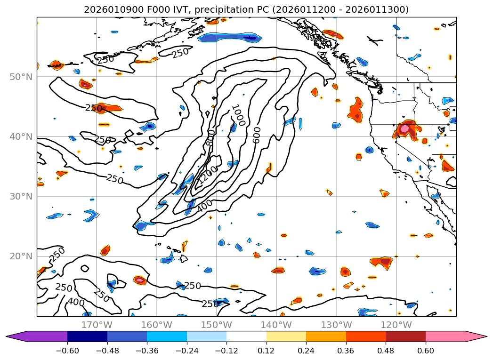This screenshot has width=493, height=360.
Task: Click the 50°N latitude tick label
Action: pos(21,77)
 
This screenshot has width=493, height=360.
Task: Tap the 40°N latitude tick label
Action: pos(21,137)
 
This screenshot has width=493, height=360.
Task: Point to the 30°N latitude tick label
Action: pos(21,197)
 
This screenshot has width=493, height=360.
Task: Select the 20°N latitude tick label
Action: pos(21,256)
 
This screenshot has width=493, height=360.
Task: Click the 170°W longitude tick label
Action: pos(97,325)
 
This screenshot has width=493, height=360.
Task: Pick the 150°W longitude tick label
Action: pos(216,325)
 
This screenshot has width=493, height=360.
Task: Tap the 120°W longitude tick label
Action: pos(396,325)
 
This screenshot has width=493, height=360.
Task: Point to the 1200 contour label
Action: pos(207,175)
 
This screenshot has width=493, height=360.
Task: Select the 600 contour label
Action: pos(256,135)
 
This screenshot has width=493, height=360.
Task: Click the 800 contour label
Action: pos(210,137)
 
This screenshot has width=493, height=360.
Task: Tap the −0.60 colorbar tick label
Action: pos(67,352)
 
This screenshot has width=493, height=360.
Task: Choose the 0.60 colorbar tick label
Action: pos(426,352)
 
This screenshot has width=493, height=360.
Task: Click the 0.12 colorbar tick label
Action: pos(267,352)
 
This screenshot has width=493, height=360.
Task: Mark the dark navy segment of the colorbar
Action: pos(87,336)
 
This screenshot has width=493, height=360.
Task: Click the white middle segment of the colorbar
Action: pos(246,336)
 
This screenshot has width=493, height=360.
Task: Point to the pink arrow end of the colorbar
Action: pos(476,336)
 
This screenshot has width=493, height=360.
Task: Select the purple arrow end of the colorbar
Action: pos(19,336)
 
